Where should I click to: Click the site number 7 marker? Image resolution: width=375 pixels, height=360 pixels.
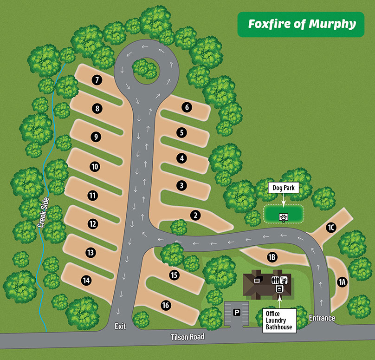click(x=97, y=80)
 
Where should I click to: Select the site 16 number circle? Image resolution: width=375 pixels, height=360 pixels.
click(x=165, y=305)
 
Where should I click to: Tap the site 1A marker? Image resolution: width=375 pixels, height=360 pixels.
click(x=342, y=281)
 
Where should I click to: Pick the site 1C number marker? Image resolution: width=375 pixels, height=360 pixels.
click(x=330, y=228)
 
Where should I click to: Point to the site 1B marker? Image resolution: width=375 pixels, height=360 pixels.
click(x=272, y=256)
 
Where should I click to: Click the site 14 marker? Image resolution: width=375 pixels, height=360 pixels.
click(x=86, y=280)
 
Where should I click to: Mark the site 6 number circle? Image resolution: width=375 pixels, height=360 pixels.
click(x=187, y=107)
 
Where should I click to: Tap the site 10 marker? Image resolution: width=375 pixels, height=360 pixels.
click(x=95, y=166)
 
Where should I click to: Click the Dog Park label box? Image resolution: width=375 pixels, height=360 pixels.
click(x=284, y=188)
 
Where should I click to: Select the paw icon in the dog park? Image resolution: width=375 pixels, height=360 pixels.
click(x=283, y=216)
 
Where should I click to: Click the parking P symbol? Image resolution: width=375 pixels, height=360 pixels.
click(x=237, y=313)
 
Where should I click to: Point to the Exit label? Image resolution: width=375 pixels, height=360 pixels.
click(x=120, y=327)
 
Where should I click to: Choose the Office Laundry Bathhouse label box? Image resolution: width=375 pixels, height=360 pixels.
click(x=279, y=321)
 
